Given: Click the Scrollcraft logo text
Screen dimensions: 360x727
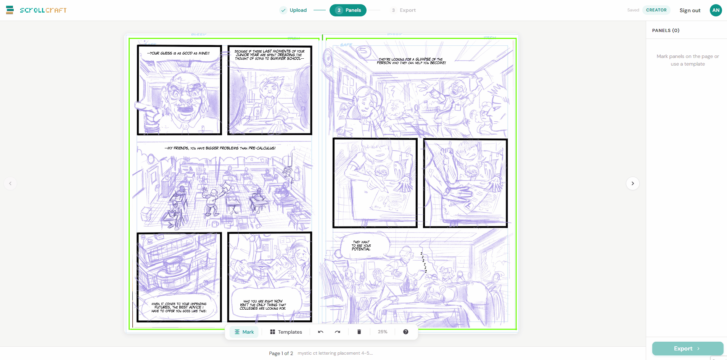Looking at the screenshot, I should pyautogui.click(x=43, y=10).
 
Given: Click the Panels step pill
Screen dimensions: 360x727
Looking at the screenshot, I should pyautogui.click(x=348, y=10).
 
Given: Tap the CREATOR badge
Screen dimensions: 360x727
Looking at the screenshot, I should pyautogui.click(x=656, y=10).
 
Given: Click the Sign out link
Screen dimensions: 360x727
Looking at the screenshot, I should pyautogui.click(x=690, y=11).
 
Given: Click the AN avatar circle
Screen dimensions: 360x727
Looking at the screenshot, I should pyautogui.click(x=716, y=10).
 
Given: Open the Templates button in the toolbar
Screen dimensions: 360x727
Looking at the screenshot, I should pyautogui.click(x=286, y=332).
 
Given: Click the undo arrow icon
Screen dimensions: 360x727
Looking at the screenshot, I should pyautogui.click(x=320, y=332).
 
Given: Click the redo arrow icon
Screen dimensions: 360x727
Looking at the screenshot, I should pyautogui.click(x=338, y=332).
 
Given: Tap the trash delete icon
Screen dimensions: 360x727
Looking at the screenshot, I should pyautogui.click(x=359, y=332).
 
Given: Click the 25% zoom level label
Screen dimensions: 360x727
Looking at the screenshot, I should pyautogui.click(x=383, y=332).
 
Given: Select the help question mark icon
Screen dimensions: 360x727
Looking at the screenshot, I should pyautogui.click(x=405, y=332).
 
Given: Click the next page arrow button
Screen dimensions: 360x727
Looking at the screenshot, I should pyautogui.click(x=632, y=183).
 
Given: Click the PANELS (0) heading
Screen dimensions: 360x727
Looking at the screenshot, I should pyautogui.click(x=666, y=31).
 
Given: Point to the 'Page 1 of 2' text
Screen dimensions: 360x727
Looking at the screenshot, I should pyautogui.click(x=281, y=354).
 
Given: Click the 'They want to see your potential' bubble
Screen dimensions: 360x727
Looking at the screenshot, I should pyautogui.click(x=361, y=246).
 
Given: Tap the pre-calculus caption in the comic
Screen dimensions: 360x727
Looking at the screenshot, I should pyautogui.click(x=220, y=148).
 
